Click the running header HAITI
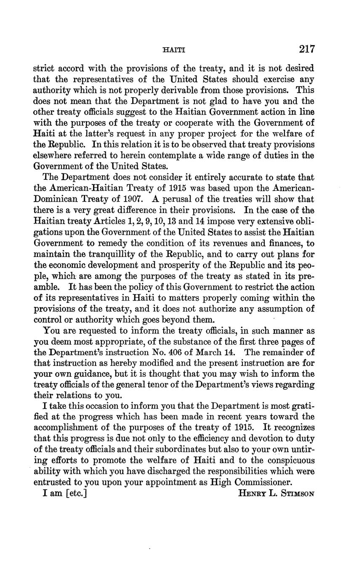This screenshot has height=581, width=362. tap(173, 50)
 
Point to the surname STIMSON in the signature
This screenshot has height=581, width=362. tap(297, 494)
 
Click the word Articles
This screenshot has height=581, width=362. tap(107, 221)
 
